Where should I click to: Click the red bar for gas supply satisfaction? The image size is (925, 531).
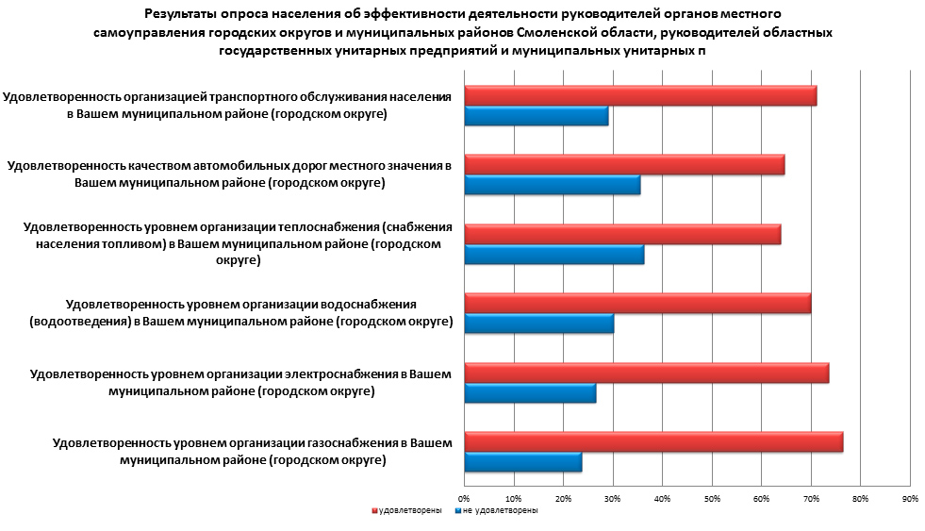click(x=653, y=442)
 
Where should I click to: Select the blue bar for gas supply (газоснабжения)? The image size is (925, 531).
click(x=523, y=463)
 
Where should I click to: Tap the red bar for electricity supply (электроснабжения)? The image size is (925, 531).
click(x=647, y=373)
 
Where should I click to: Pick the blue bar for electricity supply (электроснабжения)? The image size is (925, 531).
click(x=530, y=393)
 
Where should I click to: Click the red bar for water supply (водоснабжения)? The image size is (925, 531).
click(x=637, y=304)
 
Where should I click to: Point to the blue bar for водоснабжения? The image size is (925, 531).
click(x=538, y=324)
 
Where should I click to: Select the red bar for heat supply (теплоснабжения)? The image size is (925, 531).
click(x=622, y=234)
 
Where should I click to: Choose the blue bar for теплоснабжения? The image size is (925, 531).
click(x=554, y=255)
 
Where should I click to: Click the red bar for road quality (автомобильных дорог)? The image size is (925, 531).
click(x=624, y=165)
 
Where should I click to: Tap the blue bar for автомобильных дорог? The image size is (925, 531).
click(x=553, y=186)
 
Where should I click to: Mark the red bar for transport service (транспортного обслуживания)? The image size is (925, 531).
click(x=640, y=95)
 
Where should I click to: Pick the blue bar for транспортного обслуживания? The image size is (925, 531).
click(x=537, y=117)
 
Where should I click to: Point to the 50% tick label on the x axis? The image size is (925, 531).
click(x=712, y=498)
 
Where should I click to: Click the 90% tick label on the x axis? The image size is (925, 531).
click(x=910, y=498)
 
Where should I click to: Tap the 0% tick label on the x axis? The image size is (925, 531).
click(x=464, y=498)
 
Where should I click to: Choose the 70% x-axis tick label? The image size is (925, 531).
click(x=811, y=498)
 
